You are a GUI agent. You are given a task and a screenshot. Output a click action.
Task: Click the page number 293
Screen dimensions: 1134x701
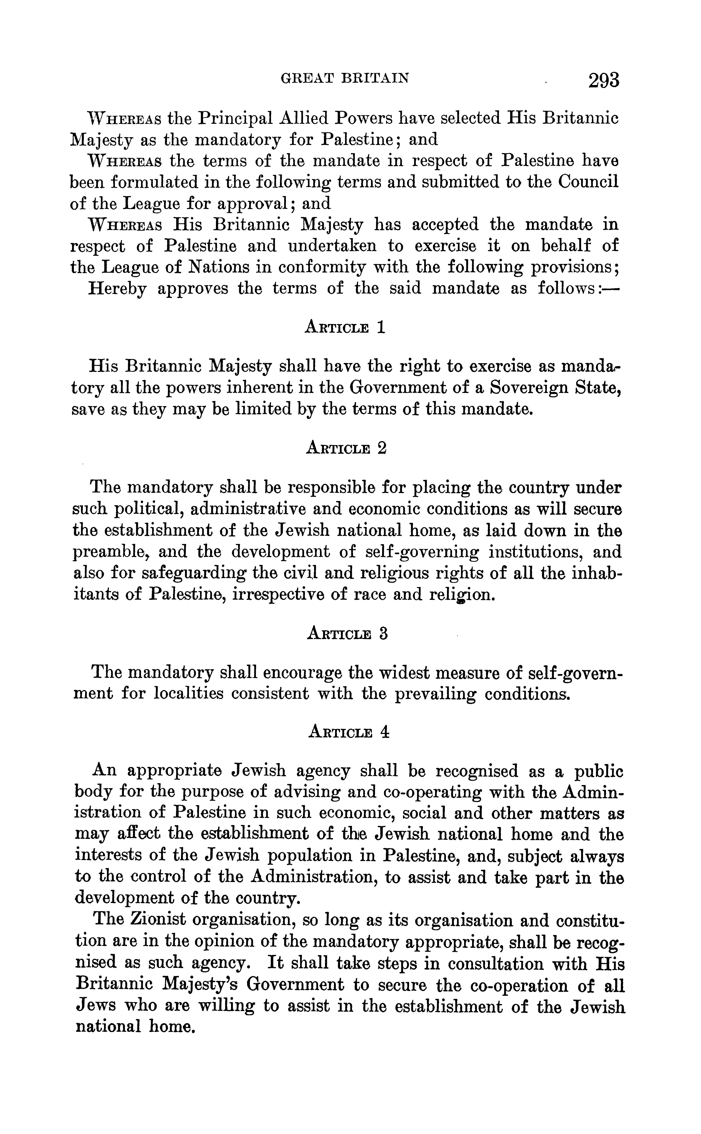click(x=604, y=80)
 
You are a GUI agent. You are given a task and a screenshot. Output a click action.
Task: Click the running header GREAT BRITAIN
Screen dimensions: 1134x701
click(x=345, y=78)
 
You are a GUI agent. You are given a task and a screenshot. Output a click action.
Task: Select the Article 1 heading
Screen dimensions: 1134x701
click(x=345, y=328)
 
